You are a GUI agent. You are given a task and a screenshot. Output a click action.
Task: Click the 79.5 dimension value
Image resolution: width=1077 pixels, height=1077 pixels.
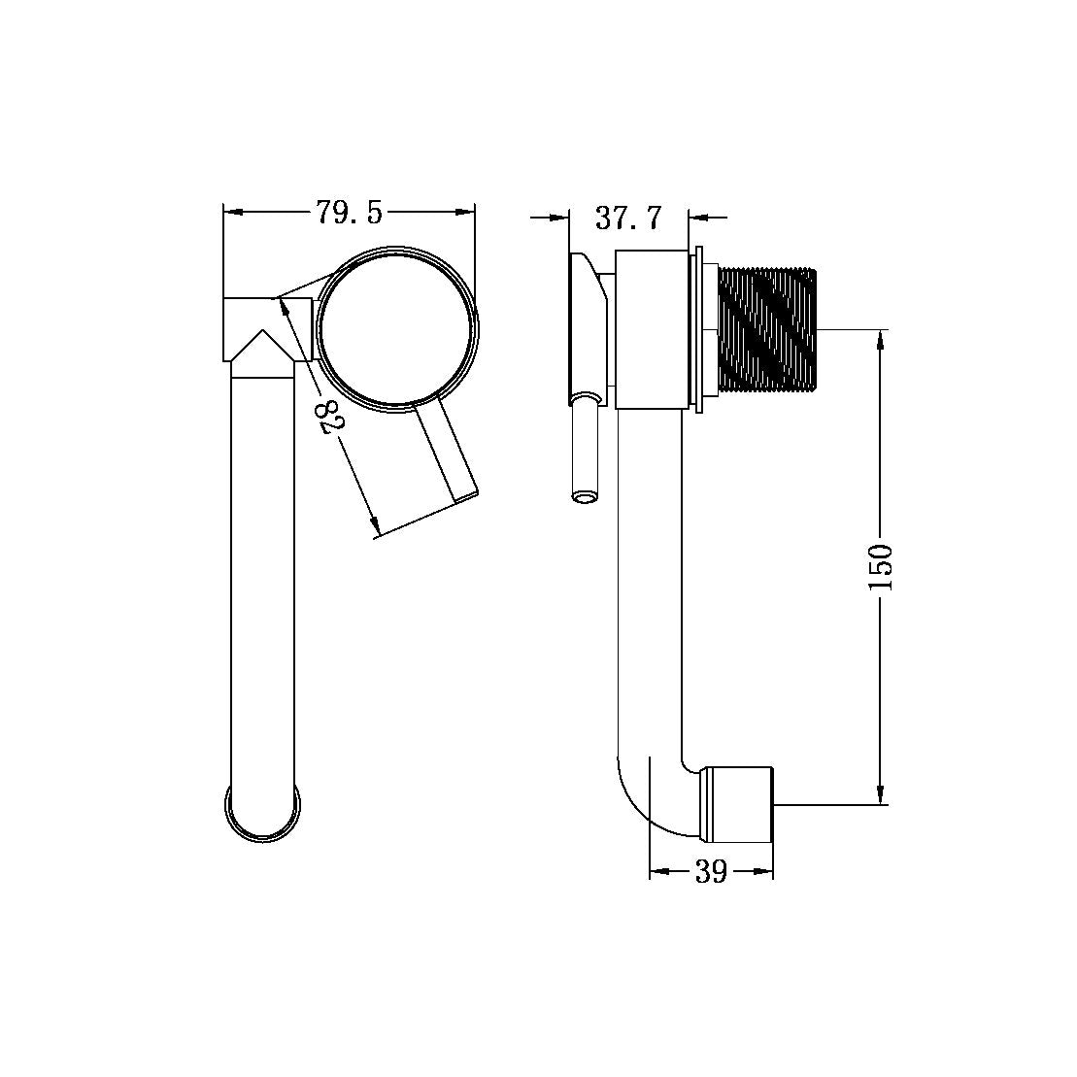point(349,213)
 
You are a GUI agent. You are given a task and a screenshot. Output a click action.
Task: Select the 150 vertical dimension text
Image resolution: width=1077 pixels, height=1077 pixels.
point(880,568)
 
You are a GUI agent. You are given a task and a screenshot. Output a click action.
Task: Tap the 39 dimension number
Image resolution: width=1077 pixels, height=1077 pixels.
point(711,872)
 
